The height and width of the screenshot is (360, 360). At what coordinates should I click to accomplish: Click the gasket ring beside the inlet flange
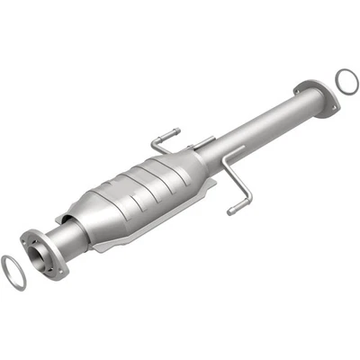13,274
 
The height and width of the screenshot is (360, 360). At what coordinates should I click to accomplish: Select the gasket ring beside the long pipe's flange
346,82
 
